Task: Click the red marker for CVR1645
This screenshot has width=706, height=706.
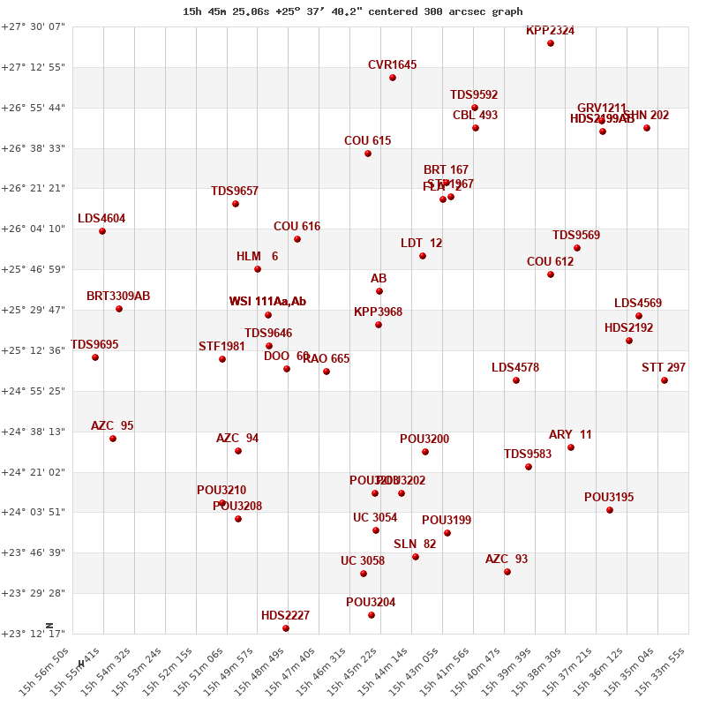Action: point(393,78)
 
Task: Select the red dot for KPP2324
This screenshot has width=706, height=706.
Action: point(551,43)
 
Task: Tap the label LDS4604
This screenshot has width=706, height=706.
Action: point(101,218)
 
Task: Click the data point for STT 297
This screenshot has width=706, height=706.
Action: point(665,380)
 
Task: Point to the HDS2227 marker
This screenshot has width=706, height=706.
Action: point(286,628)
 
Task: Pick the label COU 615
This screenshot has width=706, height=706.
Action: point(367,140)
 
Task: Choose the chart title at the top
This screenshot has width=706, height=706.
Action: point(352,11)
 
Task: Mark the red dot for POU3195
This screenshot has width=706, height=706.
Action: point(610,510)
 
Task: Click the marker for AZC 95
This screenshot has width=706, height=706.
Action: point(113,439)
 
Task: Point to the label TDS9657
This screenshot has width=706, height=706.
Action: point(235,191)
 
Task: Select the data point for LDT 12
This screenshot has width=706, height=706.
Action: point(423,256)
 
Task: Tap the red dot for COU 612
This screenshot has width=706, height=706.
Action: point(551,274)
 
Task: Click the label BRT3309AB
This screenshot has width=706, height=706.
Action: point(118,296)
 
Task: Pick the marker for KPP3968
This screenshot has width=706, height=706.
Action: point(379,325)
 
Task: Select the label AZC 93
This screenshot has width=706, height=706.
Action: point(507,559)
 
